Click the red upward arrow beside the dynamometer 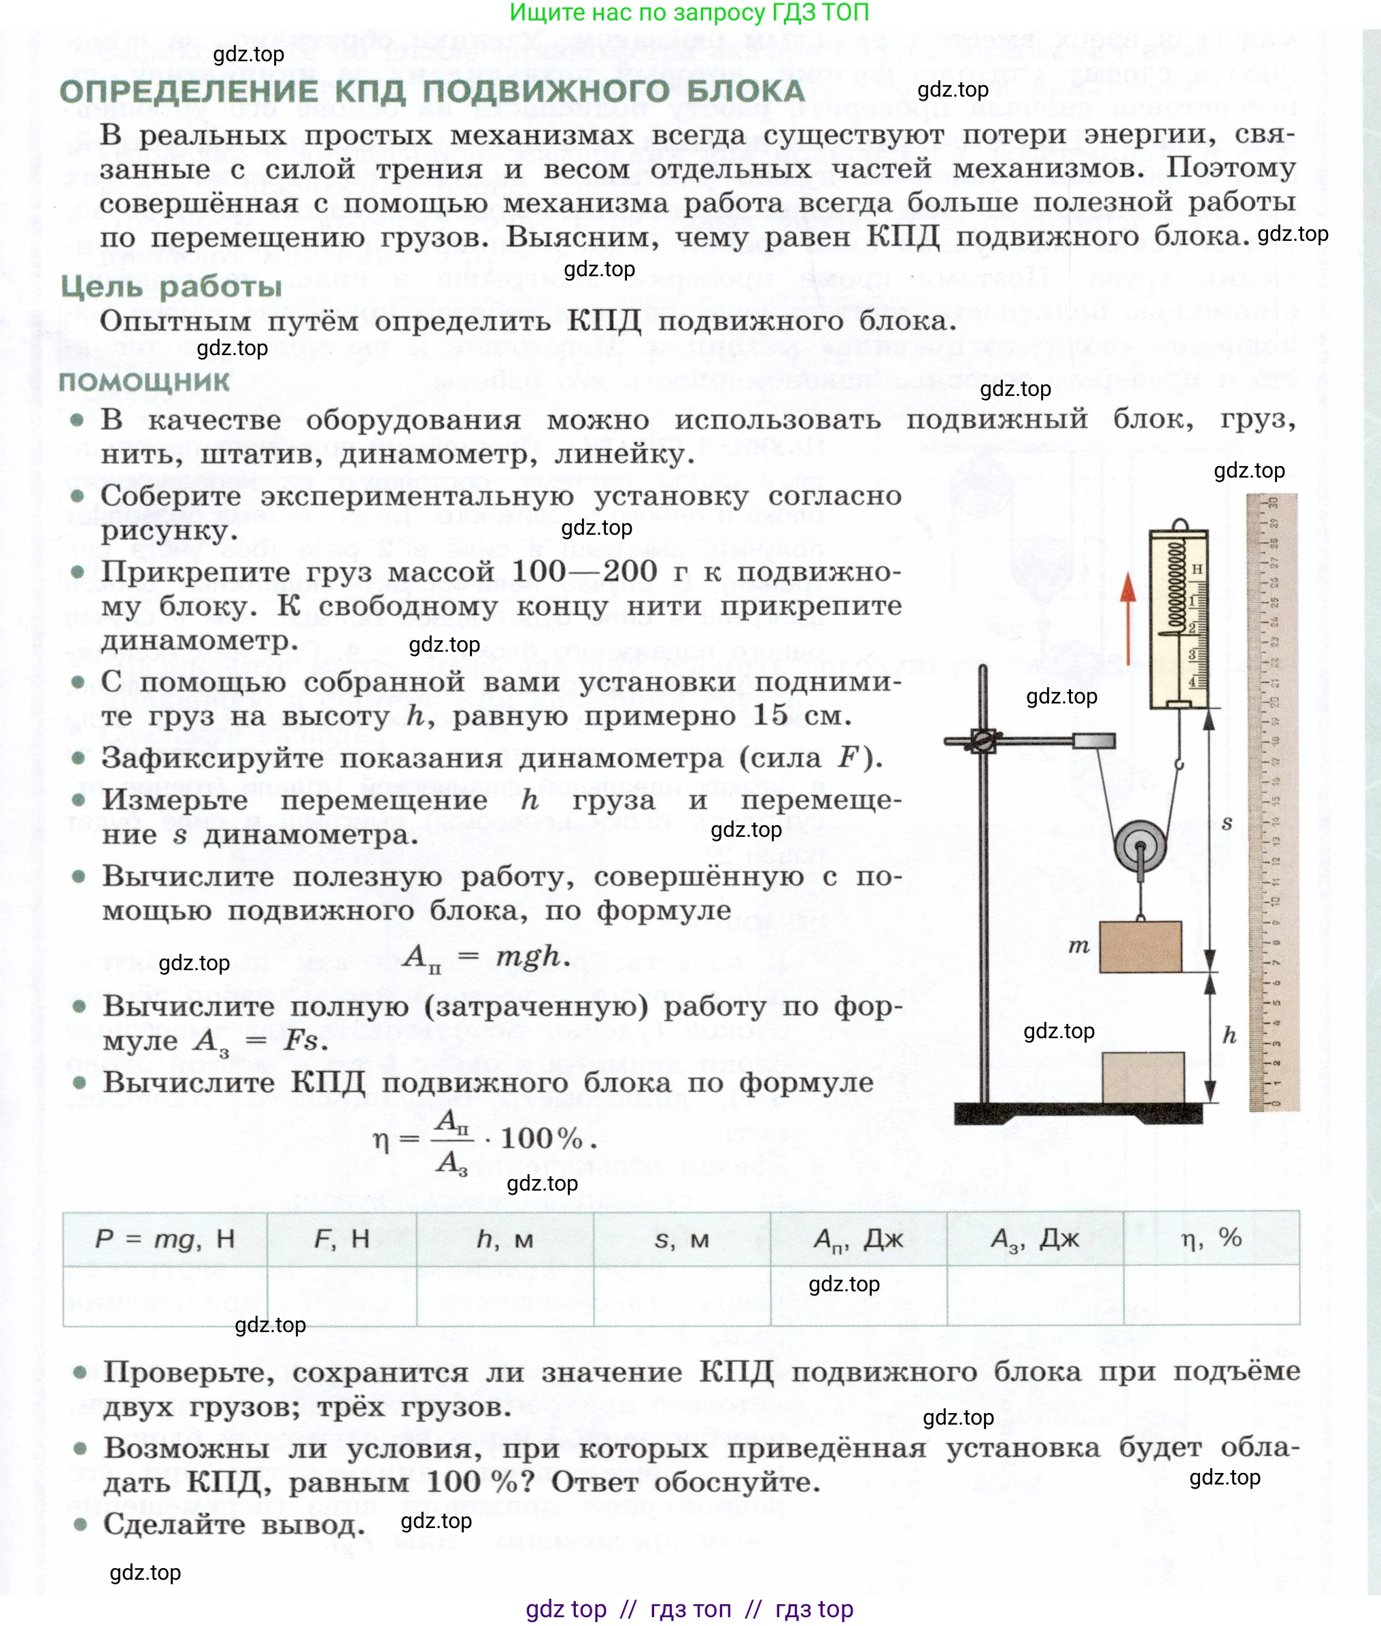tap(1127, 618)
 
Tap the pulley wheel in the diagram tap(1140, 847)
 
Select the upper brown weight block tap(1141, 947)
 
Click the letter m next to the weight tap(1079, 946)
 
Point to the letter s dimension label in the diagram tap(1227, 823)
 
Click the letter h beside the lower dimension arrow tap(1230, 1035)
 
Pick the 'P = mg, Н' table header tap(165, 1238)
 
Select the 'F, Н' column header tap(341, 1238)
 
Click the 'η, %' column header tap(1211, 1238)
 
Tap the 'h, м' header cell tap(505, 1238)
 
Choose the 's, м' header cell tap(681, 1239)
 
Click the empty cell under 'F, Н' tap(341, 1296)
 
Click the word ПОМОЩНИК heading tap(144, 382)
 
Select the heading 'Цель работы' tap(171, 286)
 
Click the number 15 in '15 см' tap(770, 714)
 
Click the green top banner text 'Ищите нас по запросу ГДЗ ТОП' tap(689, 12)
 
